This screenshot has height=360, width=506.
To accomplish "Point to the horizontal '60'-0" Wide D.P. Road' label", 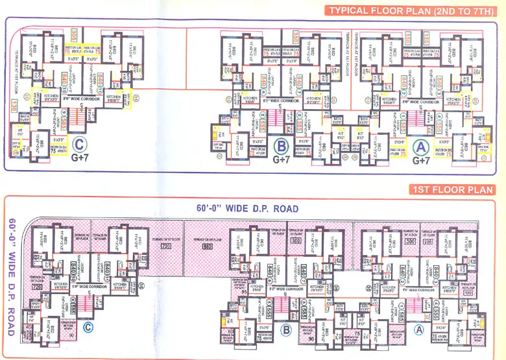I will pos(248,209).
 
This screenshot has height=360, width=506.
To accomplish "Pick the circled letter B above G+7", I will pos(282,146).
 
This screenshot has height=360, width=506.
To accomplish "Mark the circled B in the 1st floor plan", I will pos(285,330).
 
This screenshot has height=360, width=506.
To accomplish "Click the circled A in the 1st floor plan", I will pos(419,330).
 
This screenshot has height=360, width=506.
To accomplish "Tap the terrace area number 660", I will pos(208,247).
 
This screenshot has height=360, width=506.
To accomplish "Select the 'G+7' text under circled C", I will pos(80,157).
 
